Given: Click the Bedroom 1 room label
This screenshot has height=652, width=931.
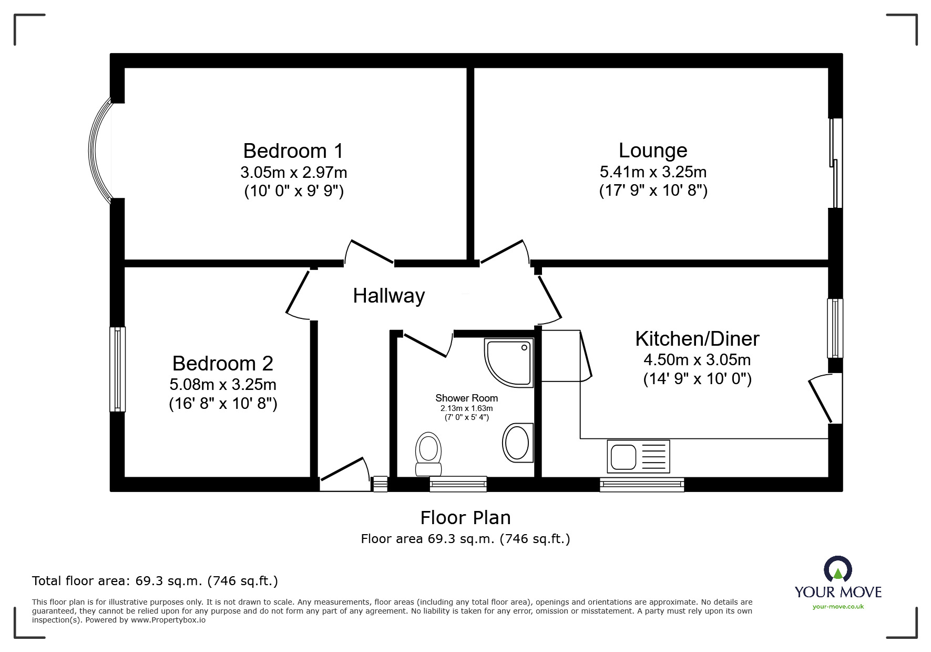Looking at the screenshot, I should (x=293, y=151).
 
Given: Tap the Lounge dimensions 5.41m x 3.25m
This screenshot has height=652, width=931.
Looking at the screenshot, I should (x=653, y=172).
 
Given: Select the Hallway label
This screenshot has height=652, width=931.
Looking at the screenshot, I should (x=388, y=296).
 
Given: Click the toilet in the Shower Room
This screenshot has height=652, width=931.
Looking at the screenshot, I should (x=428, y=454).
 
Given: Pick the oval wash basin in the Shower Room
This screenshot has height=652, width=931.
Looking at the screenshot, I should (x=517, y=443).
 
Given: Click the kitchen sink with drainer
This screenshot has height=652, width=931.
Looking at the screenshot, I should (x=638, y=456).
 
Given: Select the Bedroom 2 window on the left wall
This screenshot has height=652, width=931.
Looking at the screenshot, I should (x=118, y=368).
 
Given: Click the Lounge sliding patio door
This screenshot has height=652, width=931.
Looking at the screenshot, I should (x=836, y=163).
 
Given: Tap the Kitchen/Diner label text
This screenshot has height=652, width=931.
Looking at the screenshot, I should (x=697, y=339).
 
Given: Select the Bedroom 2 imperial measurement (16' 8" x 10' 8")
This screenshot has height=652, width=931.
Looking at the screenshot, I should (x=223, y=404).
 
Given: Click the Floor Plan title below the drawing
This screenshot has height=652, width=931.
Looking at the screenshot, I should (x=465, y=518).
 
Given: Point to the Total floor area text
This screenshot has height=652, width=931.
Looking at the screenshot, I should (x=155, y=581).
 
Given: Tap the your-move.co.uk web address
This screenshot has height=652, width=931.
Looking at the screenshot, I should (x=838, y=607).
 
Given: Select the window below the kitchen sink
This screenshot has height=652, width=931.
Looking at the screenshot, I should (x=642, y=484).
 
